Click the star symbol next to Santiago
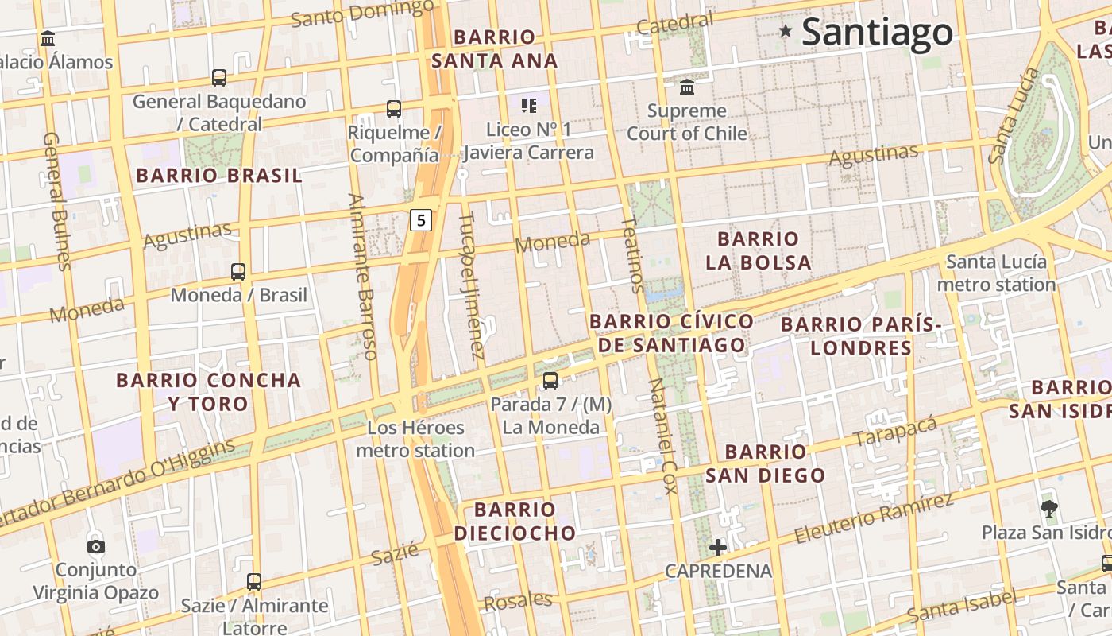tap(786, 31)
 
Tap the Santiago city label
tap(877, 32)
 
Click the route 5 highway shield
tap(421, 220)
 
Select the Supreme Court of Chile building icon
tap(687, 86)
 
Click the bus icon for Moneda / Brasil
tap(238, 271)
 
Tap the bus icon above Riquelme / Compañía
tap(393, 109)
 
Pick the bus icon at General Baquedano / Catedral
tap(219, 78)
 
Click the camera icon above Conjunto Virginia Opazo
tap(96, 545)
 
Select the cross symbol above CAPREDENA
tap(718, 547)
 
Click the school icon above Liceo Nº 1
tap(529, 105)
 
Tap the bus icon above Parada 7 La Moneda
tap(550, 381)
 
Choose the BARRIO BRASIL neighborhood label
tap(219, 176)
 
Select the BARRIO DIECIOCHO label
tap(515, 521)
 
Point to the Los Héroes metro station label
tap(415, 439)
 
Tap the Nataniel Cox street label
tap(662, 435)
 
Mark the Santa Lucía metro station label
tap(996, 273)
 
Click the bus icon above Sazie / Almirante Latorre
tap(254, 581)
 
